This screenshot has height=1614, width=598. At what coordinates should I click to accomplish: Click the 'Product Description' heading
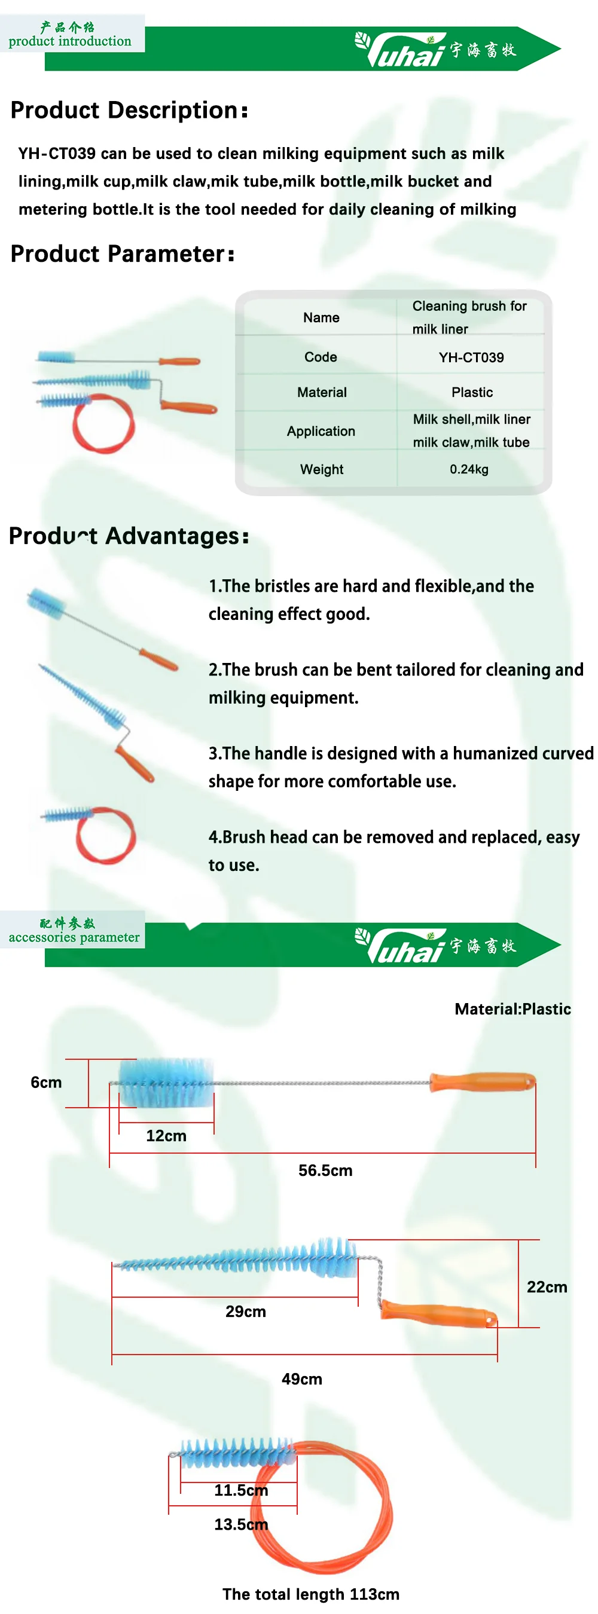[129, 110]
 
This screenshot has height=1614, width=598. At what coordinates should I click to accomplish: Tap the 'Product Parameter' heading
[122, 253]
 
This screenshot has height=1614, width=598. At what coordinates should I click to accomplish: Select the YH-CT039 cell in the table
[471, 357]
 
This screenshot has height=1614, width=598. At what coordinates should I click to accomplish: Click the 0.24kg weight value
[469, 469]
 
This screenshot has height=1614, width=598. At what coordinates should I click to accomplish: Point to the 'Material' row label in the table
[322, 392]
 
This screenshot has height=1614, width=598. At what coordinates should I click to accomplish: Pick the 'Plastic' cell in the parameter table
[472, 392]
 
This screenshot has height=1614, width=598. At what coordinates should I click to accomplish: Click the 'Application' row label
[321, 431]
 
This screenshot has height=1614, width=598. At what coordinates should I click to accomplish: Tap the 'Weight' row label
[322, 469]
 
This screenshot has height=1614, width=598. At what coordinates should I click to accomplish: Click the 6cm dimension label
[47, 1082]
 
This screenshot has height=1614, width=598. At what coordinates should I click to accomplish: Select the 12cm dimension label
[166, 1135]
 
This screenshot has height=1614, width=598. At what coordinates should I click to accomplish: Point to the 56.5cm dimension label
[325, 1170]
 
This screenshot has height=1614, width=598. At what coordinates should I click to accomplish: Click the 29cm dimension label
[246, 1311]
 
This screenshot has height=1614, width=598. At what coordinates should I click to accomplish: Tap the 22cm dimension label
[547, 1286]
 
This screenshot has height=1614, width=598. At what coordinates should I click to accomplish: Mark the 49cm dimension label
[301, 1378]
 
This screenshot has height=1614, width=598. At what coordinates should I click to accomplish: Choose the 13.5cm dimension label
[241, 1524]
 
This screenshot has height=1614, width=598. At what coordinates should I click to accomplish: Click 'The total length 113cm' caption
[311, 1593]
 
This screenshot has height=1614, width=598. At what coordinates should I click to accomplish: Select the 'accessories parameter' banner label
[74, 937]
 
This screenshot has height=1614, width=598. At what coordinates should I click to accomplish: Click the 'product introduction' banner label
[70, 41]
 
